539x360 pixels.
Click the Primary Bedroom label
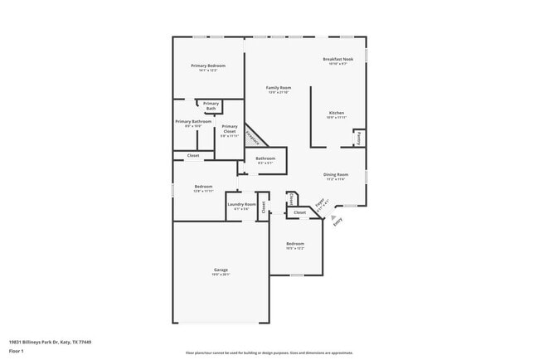coord(207,66)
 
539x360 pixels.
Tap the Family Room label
coord(278,87)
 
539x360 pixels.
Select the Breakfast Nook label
coord(337,59)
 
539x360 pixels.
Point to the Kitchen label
coord(336,113)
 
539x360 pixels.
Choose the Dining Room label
coord(336,174)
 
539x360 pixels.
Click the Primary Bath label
coord(211,105)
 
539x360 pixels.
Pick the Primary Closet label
coord(229,129)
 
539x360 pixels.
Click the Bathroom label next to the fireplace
coord(265,158)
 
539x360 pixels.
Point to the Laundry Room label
coord(241,204)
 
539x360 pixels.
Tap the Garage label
coord(221,270)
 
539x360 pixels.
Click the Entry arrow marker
coord(334,217)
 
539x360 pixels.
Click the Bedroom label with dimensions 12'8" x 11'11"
coord(203,187)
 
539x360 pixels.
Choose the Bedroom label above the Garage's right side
coord(295,244)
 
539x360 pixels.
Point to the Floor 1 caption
coord(17,350)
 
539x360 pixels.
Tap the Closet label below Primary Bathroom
coord(192,155)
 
